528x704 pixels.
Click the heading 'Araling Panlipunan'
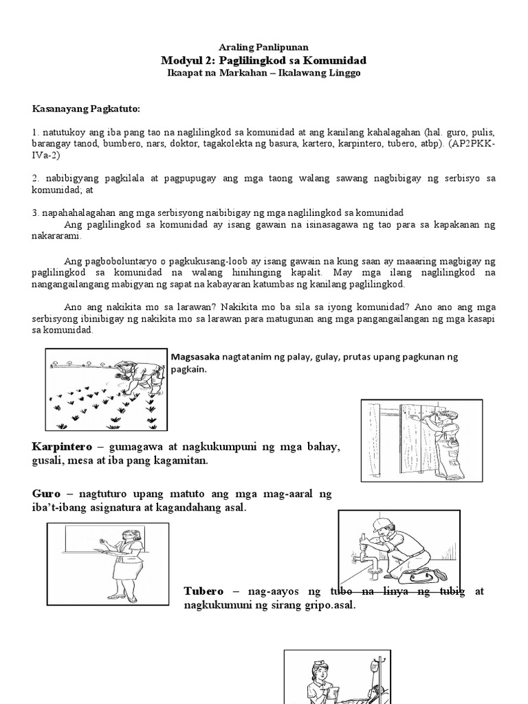pos(264,47)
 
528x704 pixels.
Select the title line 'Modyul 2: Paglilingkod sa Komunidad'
pos(264,60)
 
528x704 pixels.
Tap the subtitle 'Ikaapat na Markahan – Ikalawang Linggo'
pos(264,72)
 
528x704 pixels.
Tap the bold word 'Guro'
pos(45,494)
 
